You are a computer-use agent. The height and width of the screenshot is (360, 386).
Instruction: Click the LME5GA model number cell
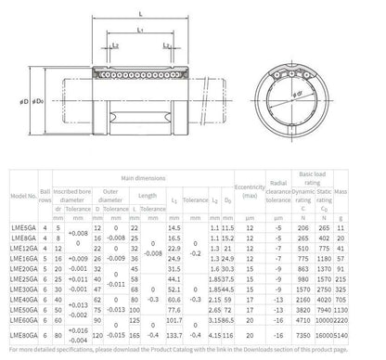pos(22,227)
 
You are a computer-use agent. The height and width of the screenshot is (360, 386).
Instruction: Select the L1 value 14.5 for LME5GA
pos(174,227)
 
